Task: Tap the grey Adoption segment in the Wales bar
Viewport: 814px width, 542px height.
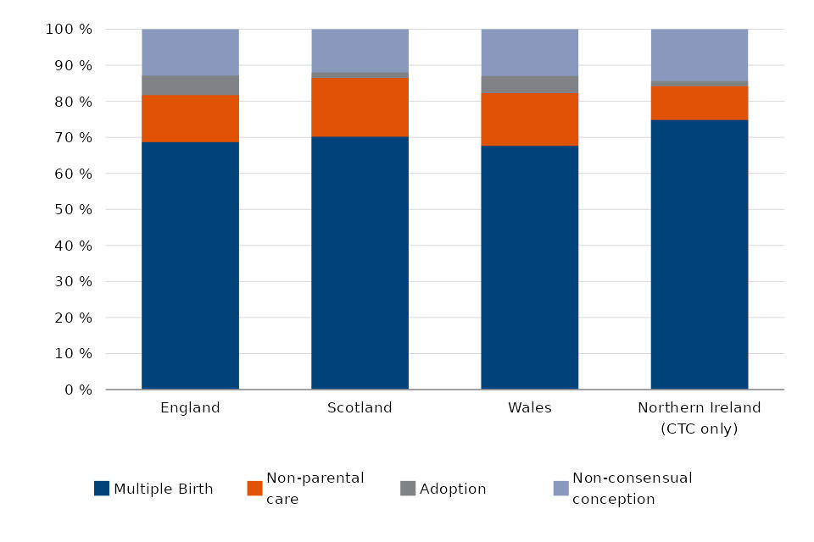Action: tap(529, 84)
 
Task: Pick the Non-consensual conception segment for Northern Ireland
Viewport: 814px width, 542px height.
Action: tap(699, 55)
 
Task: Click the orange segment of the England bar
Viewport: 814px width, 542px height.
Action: tap(190, 118)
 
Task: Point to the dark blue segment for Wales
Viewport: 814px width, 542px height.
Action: tap(529, 268)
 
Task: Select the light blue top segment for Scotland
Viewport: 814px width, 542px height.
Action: tap(360, 51)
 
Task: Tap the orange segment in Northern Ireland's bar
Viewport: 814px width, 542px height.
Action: tap(699, 102)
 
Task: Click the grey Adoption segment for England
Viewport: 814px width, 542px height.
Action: tap(190, 85)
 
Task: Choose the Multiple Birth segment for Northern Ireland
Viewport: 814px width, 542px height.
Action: tap(699, 254)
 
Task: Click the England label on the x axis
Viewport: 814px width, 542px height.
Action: tap(190, 407)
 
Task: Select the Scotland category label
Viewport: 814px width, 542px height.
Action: tap(360, 407)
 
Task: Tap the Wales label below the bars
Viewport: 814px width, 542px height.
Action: tap(529, 407)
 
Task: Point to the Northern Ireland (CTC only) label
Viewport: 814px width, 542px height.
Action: tap(699, 418)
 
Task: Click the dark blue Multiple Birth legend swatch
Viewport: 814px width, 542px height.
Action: tap(102, 489)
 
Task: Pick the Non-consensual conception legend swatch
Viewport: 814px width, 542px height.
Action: tap(560, 489)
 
